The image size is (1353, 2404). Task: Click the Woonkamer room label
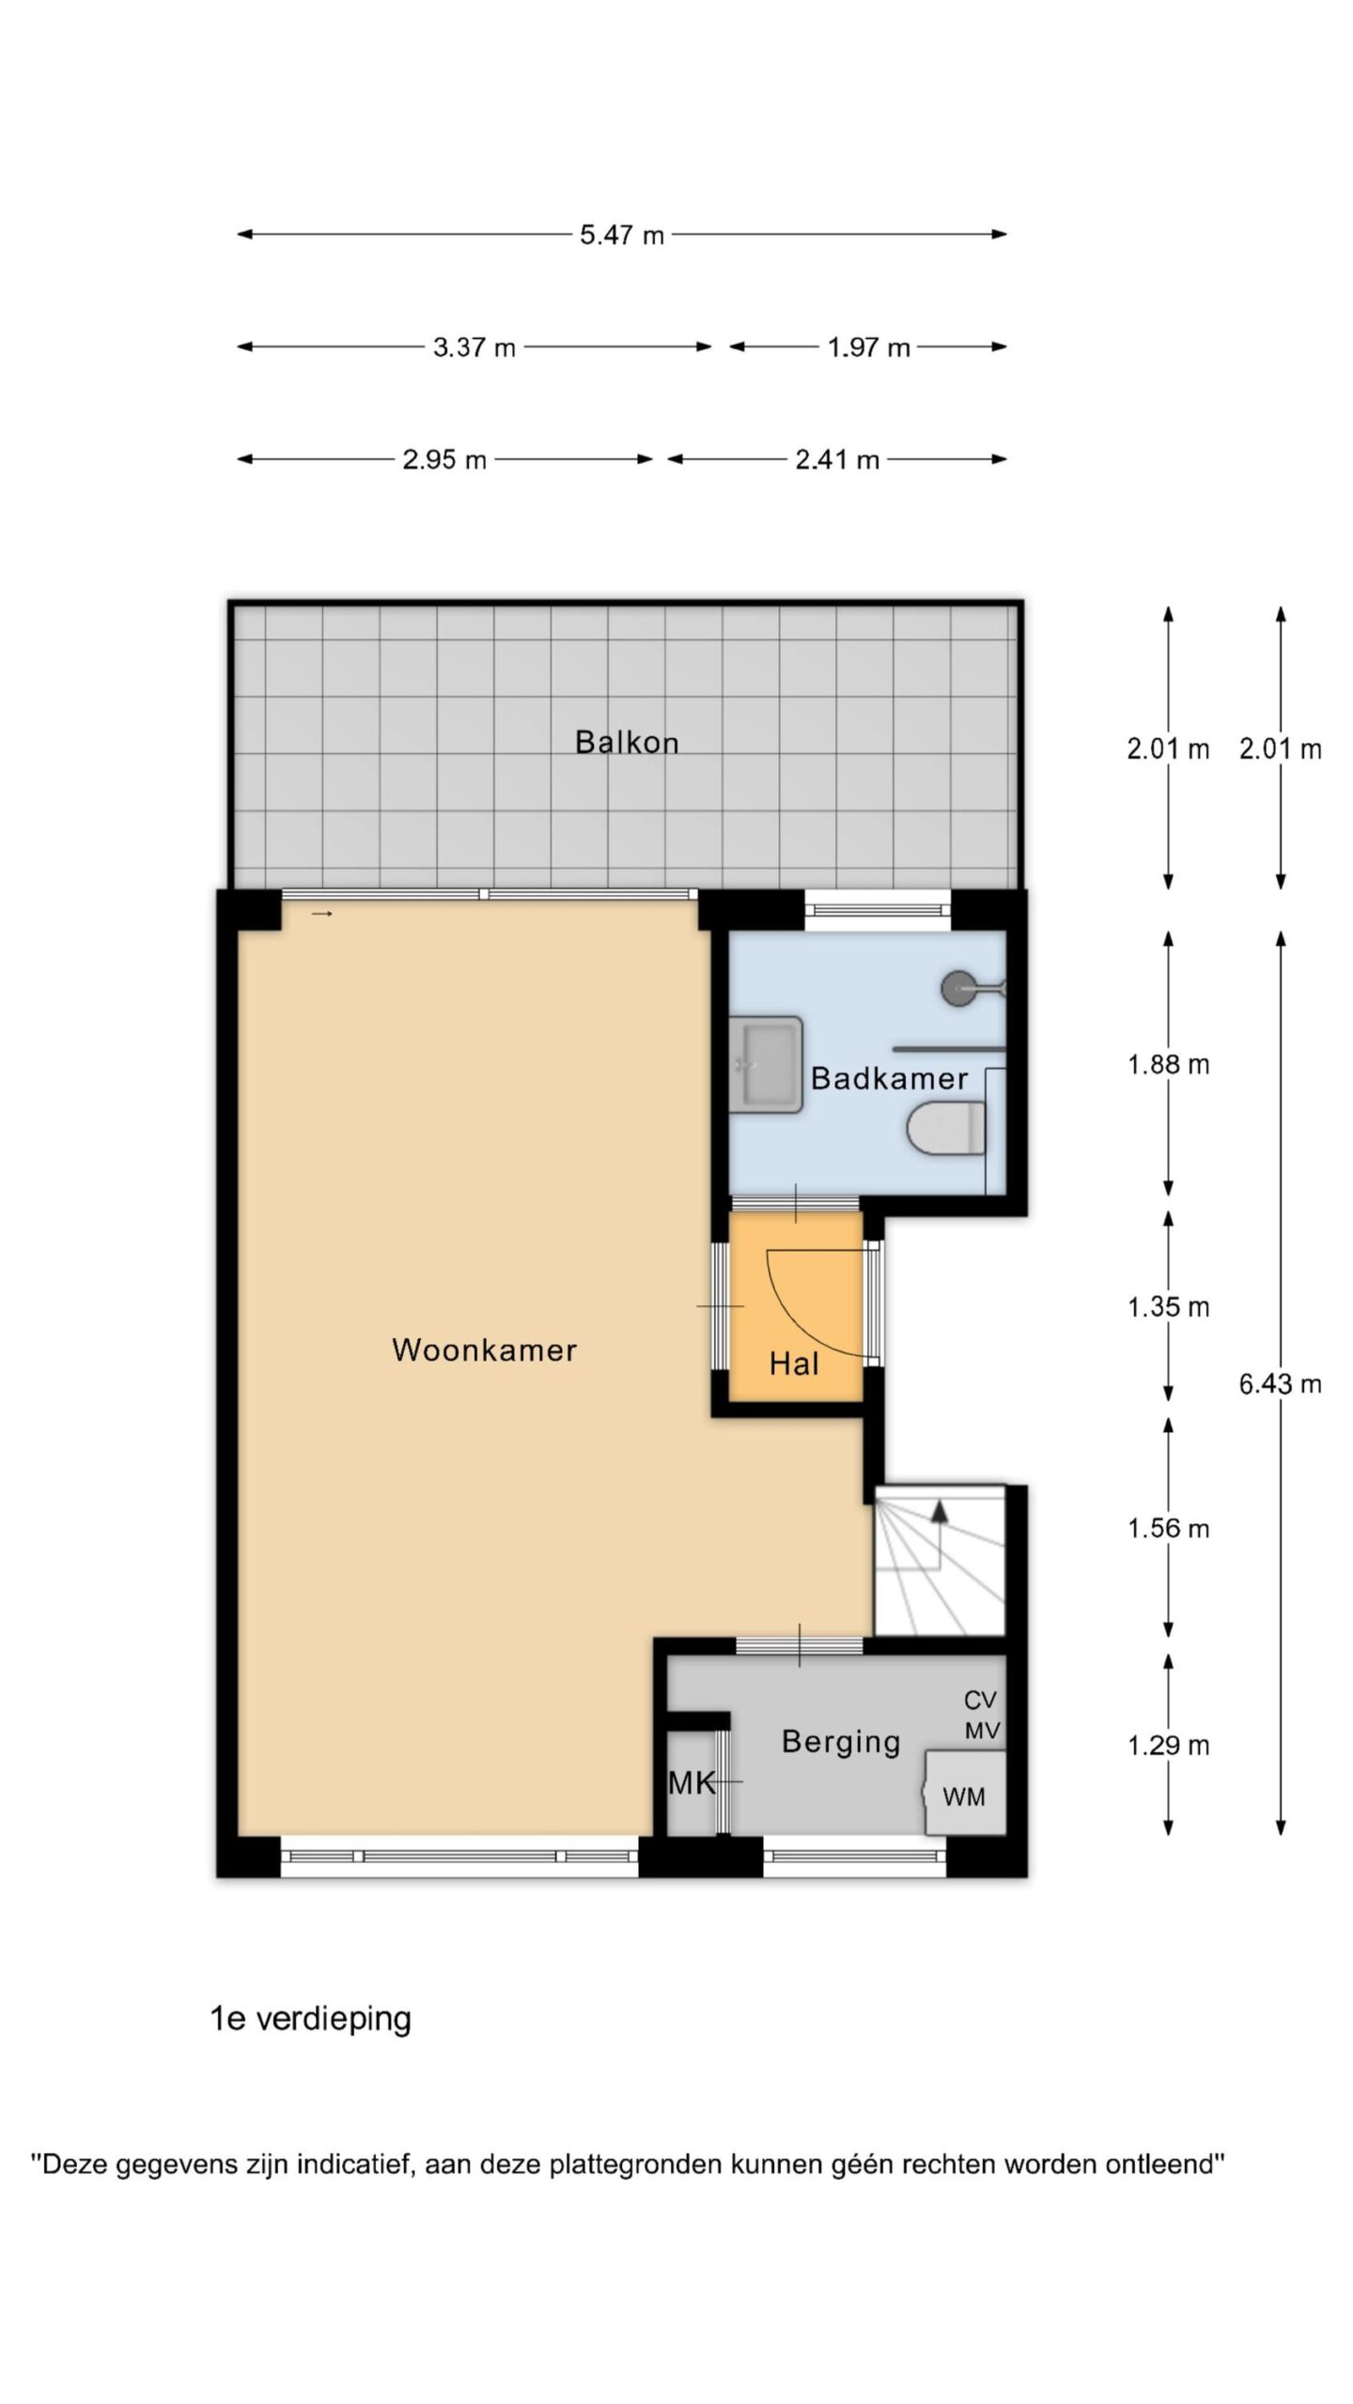(484, 1350)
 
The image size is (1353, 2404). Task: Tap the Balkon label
(627, 743)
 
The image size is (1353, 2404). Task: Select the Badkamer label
(889, 1078)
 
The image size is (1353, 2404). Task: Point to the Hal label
(794, 1364)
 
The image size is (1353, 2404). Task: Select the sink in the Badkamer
(767, 1064)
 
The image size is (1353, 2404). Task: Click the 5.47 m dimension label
(622, 235)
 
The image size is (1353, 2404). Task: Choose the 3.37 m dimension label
(474, 347)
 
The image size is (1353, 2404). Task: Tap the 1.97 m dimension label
(869, 347)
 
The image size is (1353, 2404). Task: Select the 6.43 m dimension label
(1280, 1383)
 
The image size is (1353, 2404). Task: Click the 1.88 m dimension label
(1168, 1065)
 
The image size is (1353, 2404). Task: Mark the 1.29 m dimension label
(1168, 1745)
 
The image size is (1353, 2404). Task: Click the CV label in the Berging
(981, 1700)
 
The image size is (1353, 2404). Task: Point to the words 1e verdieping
(311, 2019)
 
